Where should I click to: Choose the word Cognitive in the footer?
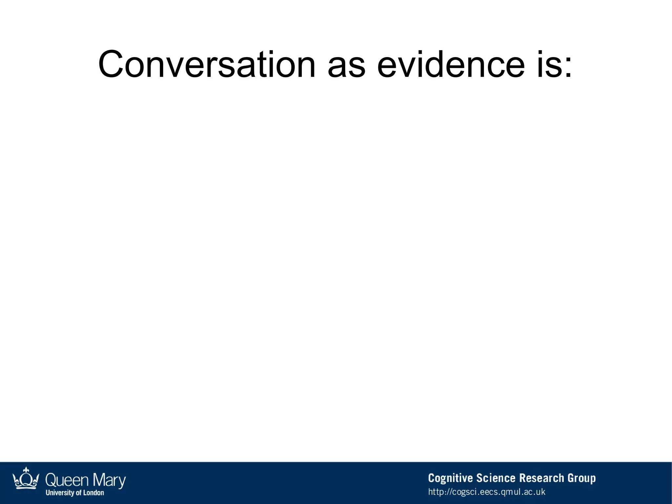tap(450, 478)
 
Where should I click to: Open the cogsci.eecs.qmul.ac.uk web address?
tap(487, 492)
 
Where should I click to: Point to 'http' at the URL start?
tap(436, 492)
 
